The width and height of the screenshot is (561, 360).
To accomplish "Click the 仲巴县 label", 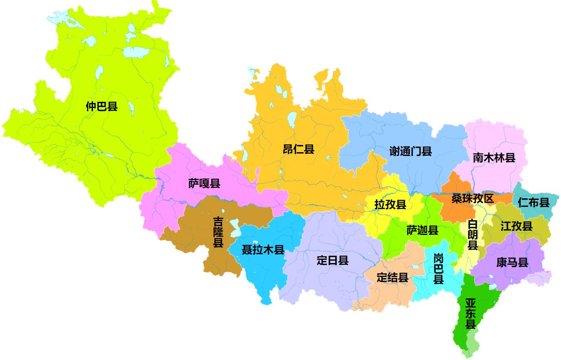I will [101, 107].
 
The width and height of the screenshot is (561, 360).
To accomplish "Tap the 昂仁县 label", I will [299, 149].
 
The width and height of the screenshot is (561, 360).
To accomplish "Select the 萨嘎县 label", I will [204, 184].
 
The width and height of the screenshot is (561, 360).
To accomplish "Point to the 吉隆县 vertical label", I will [219, 232].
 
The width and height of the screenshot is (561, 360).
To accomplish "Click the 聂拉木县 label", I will [263, 250].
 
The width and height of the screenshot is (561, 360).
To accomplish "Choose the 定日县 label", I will [332, 260].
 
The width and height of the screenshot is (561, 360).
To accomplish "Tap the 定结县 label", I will [392, 278].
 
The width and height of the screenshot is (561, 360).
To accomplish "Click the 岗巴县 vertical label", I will [438, 268].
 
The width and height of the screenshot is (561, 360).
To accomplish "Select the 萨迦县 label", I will [422, 230].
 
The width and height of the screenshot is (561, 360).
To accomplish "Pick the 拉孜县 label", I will [390, 204].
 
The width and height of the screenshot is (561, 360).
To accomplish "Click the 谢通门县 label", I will [410, 151].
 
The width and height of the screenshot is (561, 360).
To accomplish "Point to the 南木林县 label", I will [494, 158].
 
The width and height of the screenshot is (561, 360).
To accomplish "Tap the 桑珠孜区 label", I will [473, 199].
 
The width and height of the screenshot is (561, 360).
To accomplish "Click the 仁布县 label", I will [533, 202].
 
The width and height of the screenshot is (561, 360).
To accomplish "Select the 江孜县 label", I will [516, 226].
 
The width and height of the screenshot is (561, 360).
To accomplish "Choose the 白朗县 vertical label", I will [473, 235].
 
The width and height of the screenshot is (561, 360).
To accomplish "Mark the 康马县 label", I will [512, 262].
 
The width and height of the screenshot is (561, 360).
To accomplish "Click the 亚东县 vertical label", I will [471, 313].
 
